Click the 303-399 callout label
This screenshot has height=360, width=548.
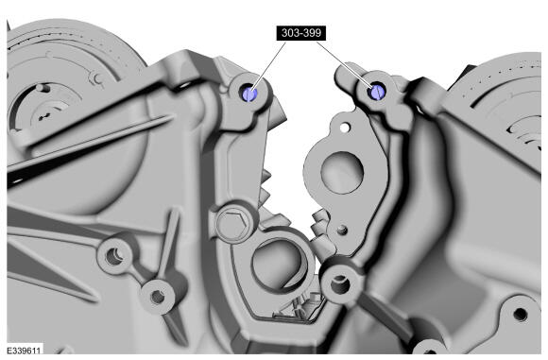[x=300, y=33]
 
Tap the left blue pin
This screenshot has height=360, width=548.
[x=249, y=94]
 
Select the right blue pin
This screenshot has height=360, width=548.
[x=377, y=92]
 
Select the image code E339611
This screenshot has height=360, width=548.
[x=24, y=351]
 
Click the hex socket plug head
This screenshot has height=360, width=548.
[x=233, y=224]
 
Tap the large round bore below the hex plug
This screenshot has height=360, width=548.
[x=277, y=262]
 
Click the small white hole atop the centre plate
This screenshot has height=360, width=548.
[x=345, y=128]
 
